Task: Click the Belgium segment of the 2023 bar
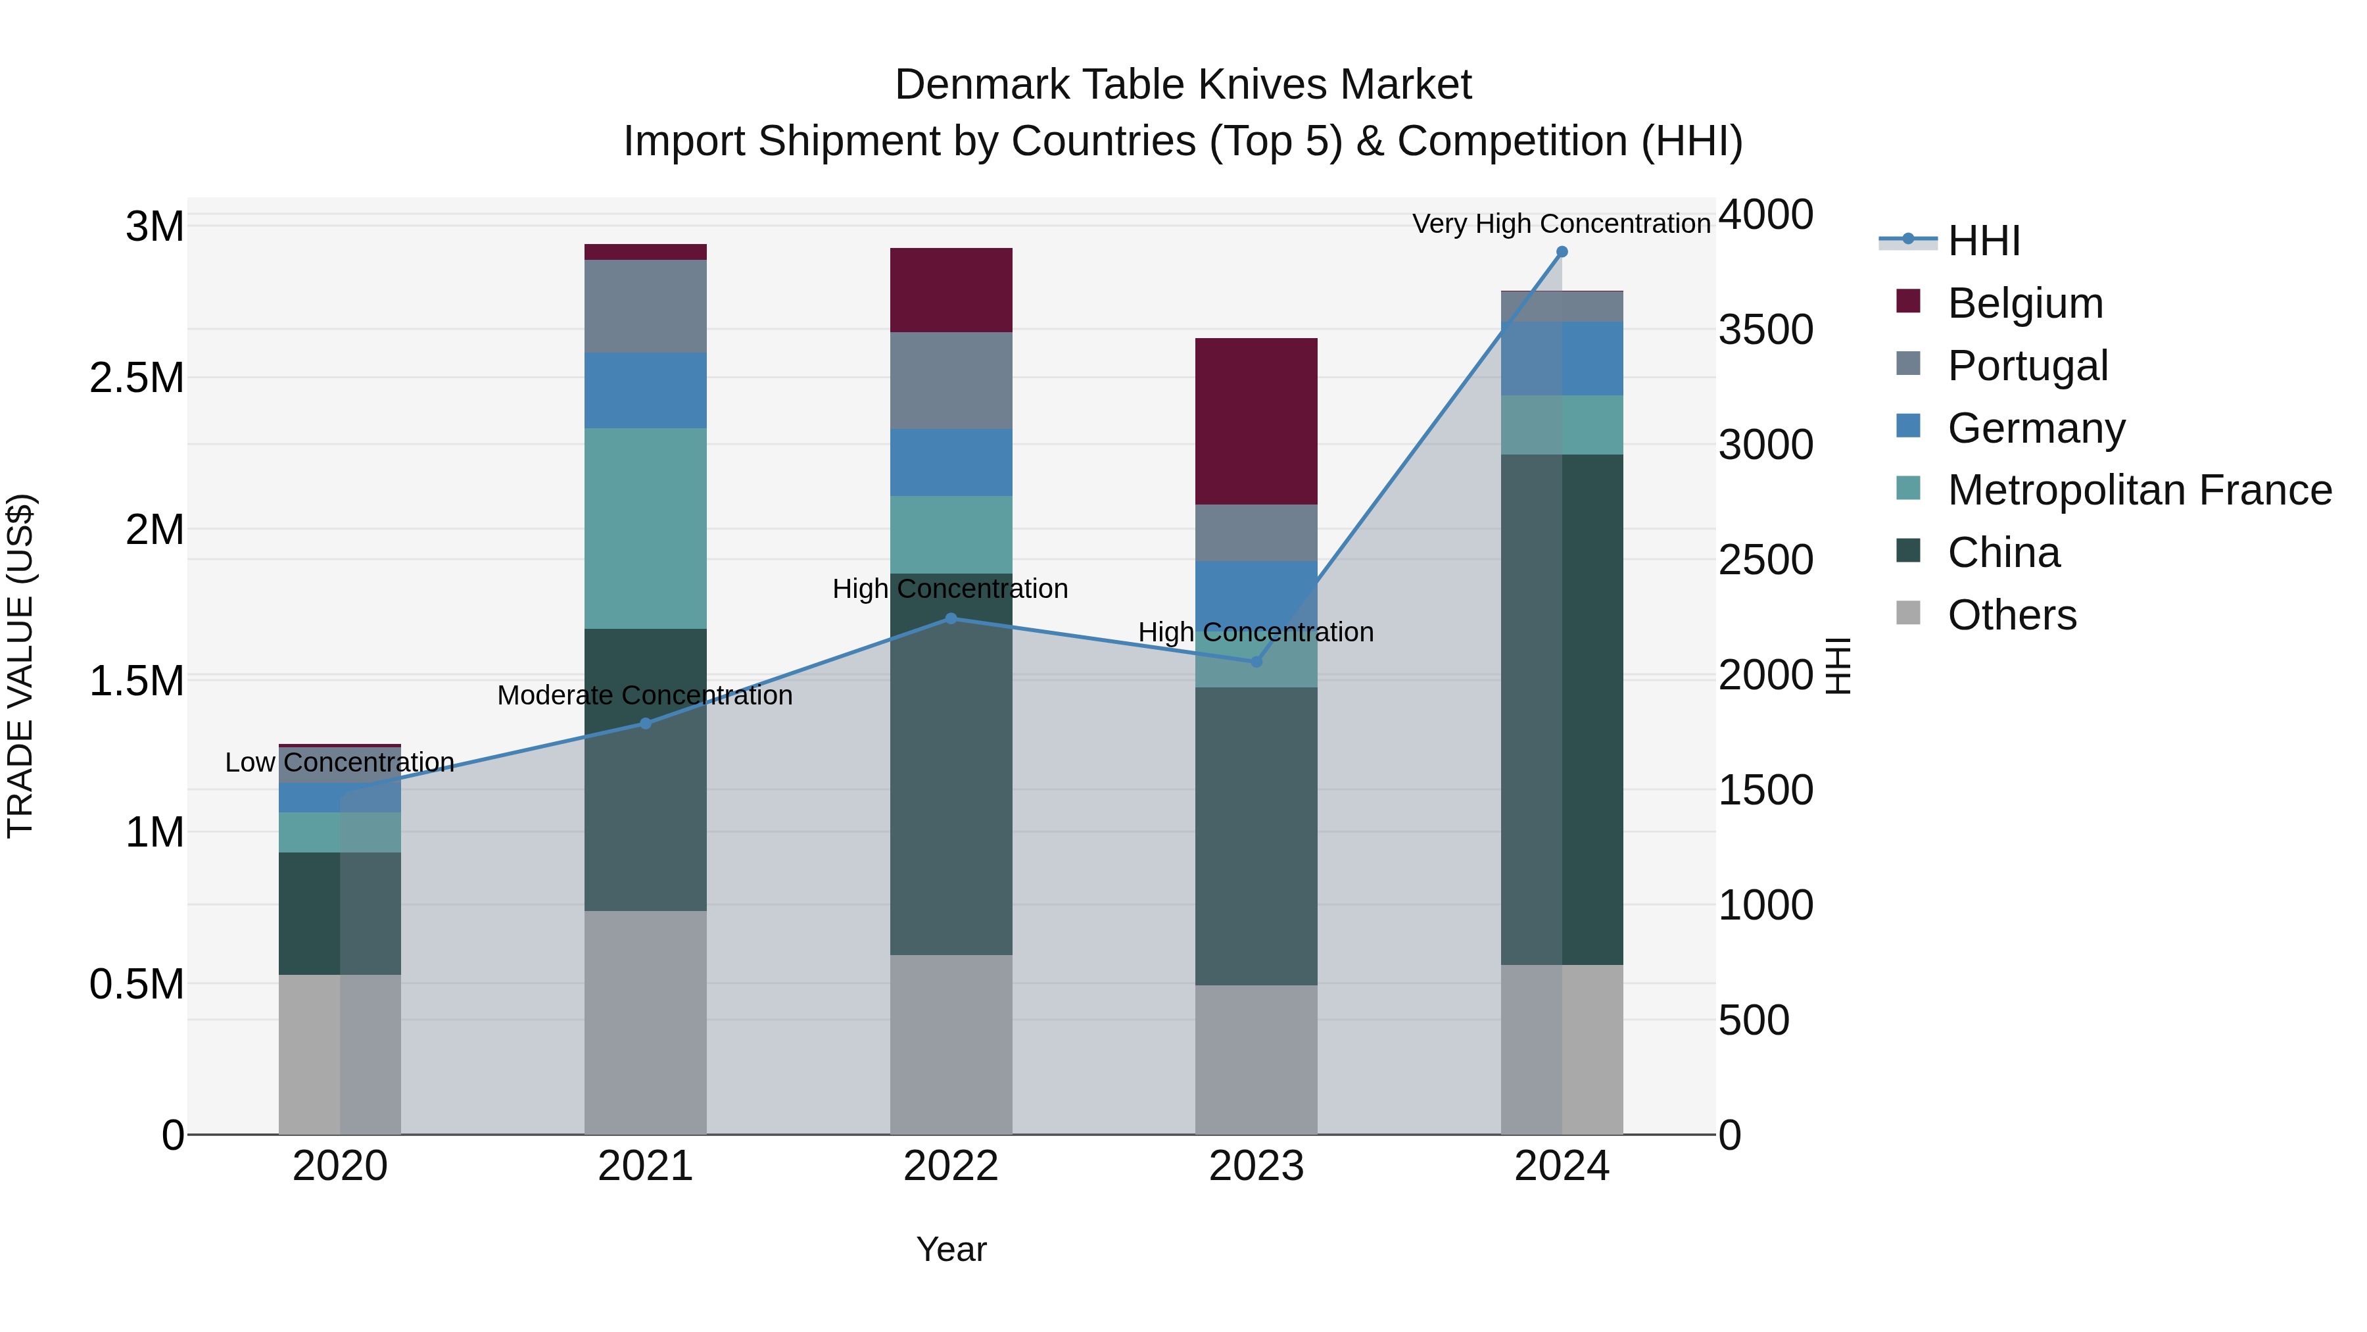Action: [x=1256, y=421]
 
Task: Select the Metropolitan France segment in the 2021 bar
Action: [x=645, y=529]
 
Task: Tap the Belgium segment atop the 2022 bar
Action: [x=951, y=289]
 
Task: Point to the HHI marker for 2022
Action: [x=951, y=619]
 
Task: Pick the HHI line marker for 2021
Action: [x=645, y=724]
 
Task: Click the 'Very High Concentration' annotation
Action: [x=1560, y=224]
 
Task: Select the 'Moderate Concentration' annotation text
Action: [x=644, y=695]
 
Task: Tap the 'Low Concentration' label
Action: [x=339, y=762]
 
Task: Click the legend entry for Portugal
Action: [x=2027, y=365]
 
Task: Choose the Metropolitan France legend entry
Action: [x=2139, y=490]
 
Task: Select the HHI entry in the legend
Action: [x=1983, y=241]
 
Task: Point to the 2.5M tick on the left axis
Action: [x=136, y=378]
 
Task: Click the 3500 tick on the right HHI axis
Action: [x=1765, y=330]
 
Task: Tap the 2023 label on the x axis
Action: [x=1256, y=1166]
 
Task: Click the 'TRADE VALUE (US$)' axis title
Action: [x=20, y=666]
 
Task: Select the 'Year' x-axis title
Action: [x=951, y=1249]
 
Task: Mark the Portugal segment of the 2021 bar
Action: [x=645, y=306]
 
